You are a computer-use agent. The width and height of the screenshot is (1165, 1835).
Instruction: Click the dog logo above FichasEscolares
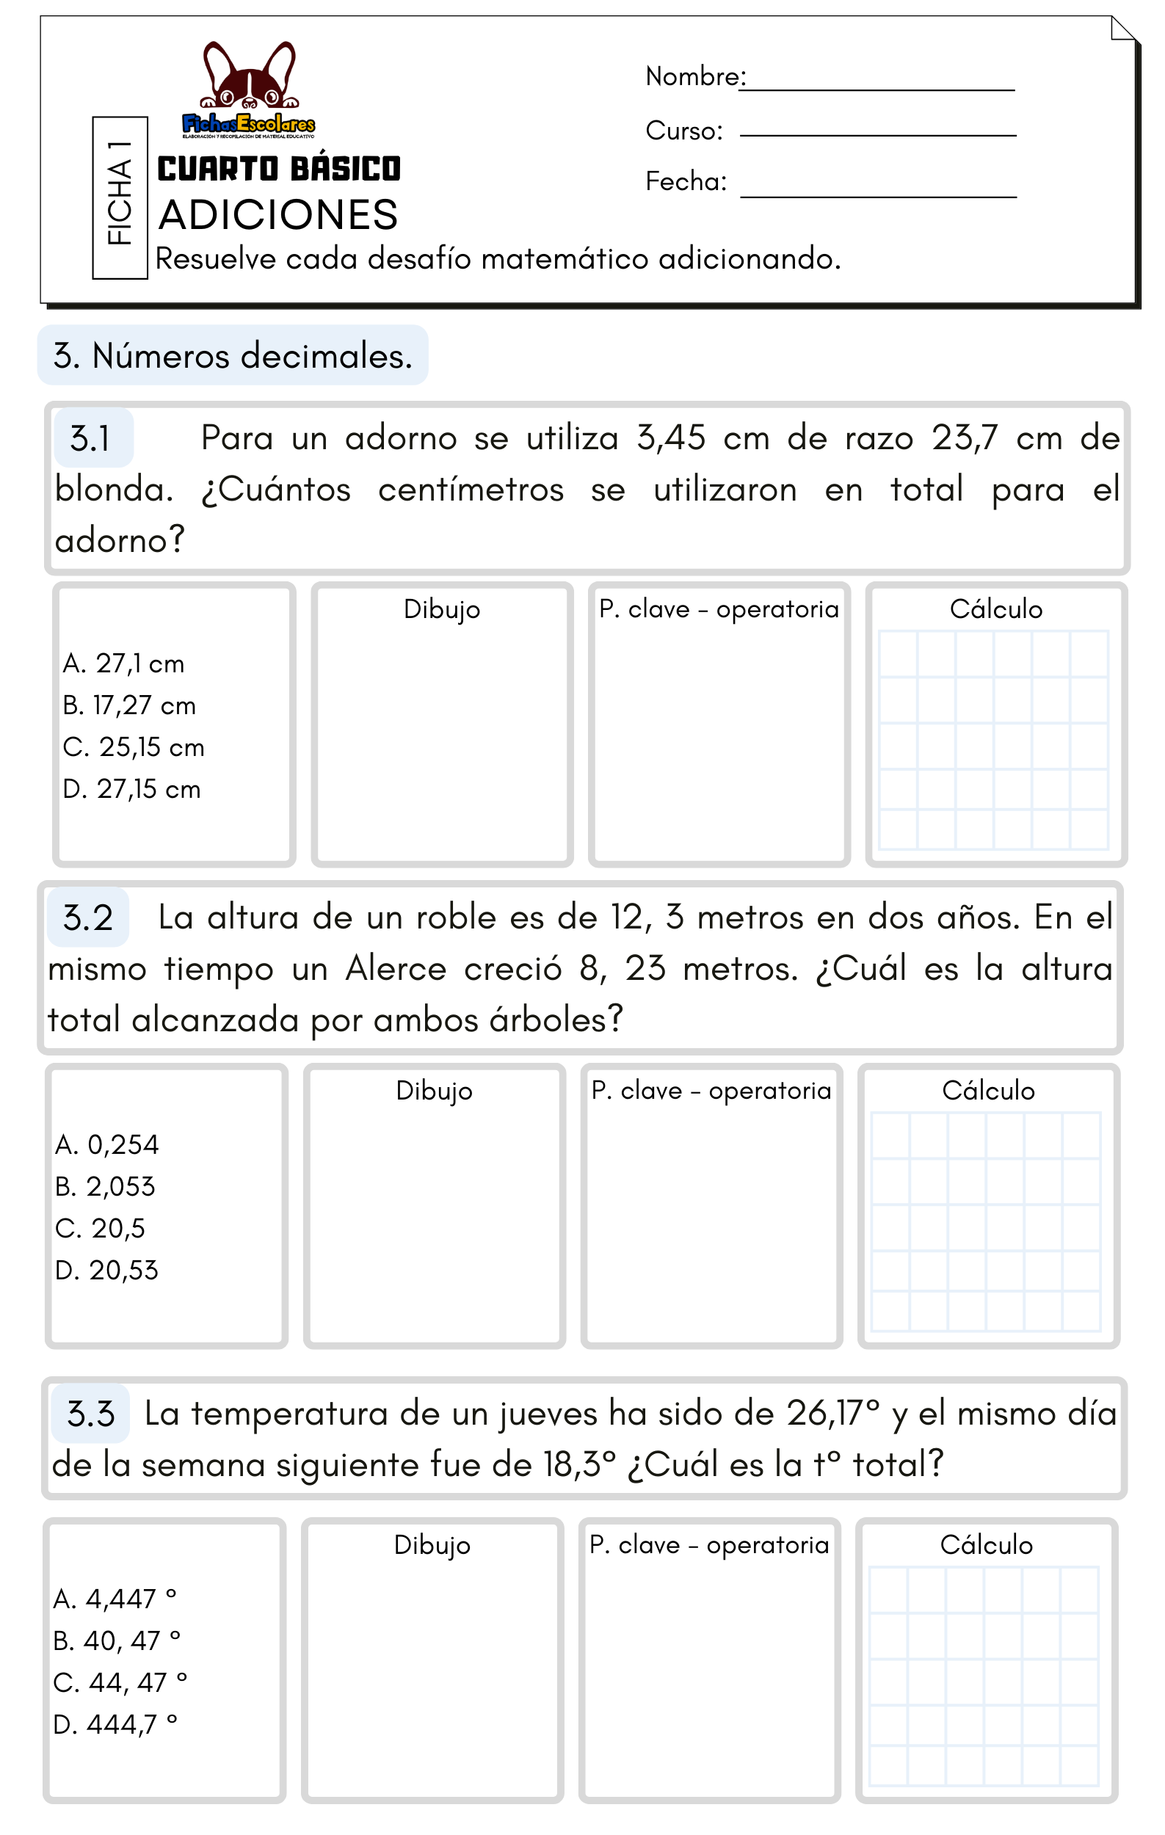tap(249, 76)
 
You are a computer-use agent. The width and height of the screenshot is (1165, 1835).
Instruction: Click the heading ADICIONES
tap(278, 215)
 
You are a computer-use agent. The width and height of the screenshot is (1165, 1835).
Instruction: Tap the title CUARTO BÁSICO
tap(279, 169)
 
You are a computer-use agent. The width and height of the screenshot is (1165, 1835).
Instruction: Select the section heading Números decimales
tap(233, 356)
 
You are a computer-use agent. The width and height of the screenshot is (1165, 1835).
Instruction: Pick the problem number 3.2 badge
tap(87, 917)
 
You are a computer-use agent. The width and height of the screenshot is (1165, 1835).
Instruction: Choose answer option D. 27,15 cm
tap(132, 790)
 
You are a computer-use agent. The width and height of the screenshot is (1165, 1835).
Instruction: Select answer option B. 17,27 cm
tap(129, 705)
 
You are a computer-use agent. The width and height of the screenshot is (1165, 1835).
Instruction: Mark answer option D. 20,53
tap(106, 1271)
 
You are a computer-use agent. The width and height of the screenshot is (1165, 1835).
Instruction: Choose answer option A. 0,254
tap(106, 1144)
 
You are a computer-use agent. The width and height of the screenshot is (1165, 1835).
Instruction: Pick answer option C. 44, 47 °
tap(120, 1682)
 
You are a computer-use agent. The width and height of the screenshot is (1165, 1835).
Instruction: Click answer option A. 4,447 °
tap(115, 1598)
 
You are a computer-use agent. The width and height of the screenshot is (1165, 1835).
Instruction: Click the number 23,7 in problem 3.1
tap(964, 438)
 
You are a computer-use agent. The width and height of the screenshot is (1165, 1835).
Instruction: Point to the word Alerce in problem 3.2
tap(396, 970)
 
